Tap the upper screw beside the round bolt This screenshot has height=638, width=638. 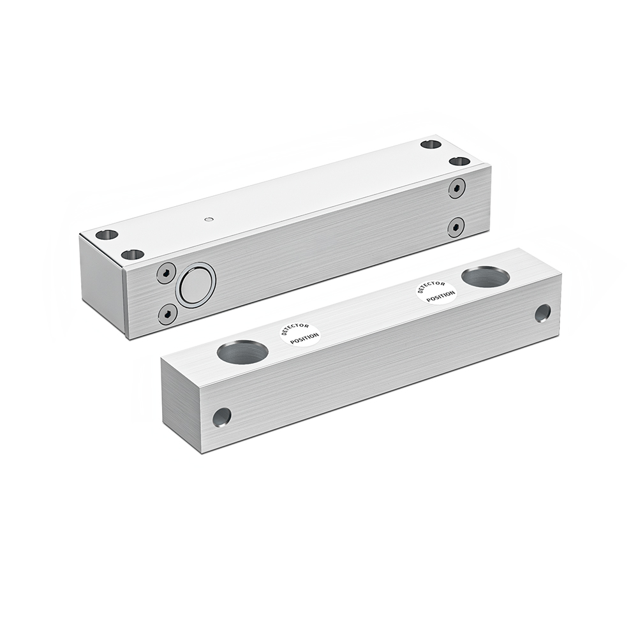(x=166, y=273)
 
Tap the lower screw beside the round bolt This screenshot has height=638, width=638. (x=167, y=314)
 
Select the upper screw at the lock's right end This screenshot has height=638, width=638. (x=456, y=188)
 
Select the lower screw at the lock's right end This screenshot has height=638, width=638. (x=456, y=226)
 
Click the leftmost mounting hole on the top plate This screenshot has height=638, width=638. (x=107, y=234)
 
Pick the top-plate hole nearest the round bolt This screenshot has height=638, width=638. (x=132, y=254)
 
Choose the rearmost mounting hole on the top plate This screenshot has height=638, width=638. (x=431, y=144)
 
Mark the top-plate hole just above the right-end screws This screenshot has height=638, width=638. (x=459, y=161)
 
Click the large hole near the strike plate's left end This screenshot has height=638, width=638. (x=242, y=352)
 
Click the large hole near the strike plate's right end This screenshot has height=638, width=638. (x=485, y=277)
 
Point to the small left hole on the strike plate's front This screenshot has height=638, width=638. (x=221, y=417)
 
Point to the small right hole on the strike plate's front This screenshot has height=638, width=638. (x=542, y=313)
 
